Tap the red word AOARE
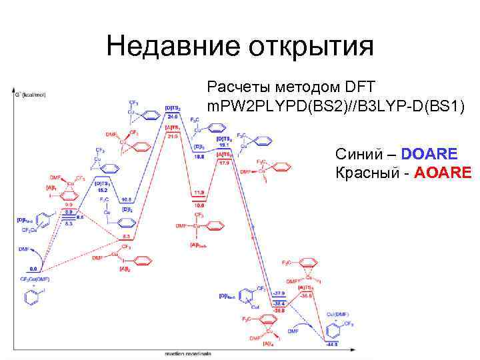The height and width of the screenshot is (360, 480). pos(443,174)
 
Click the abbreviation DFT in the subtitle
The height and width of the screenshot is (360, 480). pos(361,87)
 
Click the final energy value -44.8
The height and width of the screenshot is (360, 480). pos(332,344)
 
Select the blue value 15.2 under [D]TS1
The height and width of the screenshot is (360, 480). pos(102,190)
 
